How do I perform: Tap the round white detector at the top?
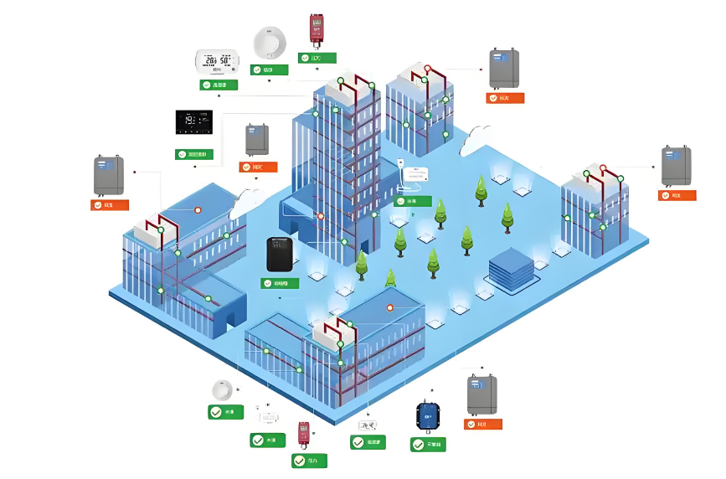coord(270,43)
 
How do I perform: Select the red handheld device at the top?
coord(317,28)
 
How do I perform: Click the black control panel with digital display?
coord(193,122)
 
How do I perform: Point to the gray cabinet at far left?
coord(109,176)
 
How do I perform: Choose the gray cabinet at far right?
coord(676,166)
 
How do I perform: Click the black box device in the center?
coord(280,255)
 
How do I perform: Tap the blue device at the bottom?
coord(429,415)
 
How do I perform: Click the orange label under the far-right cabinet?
coord(677,196)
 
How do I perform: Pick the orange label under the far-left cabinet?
coord(110,204)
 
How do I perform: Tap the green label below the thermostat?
coord(218,85)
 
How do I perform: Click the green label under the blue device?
coord(428,445)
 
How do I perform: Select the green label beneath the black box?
coord(280,283)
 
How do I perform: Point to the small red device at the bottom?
coord(304,433)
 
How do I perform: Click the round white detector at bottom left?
coord(222,390)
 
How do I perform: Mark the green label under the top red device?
coord(317,59)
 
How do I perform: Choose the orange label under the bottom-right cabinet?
coord(482,425)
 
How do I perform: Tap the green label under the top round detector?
coord(270,70)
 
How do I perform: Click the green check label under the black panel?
coord(194,154)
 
